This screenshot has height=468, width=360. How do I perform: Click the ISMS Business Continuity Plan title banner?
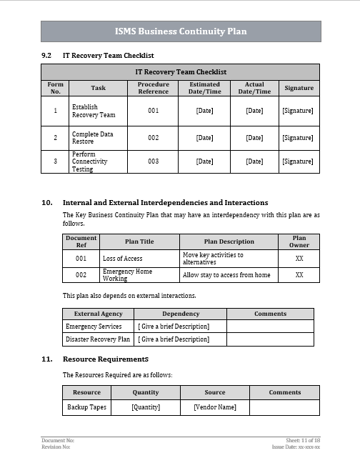click(181, 31)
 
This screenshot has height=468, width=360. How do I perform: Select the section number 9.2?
click(47, 55)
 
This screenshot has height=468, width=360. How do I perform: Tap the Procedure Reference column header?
click(154, 88)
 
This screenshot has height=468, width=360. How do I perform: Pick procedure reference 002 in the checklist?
click(154, 137)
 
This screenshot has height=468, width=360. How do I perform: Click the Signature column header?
click(299, 88)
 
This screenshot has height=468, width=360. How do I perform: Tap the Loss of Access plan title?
click(123, 259)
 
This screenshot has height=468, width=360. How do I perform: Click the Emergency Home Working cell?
click(128, 275)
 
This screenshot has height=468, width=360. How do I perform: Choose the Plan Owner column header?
click(299, 242)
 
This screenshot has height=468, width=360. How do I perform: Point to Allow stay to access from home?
click(226, 275)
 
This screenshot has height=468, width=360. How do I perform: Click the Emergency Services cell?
click(94, 326)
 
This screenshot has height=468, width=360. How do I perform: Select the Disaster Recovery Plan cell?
click(98, 339)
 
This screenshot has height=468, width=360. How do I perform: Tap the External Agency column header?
click(98, 314)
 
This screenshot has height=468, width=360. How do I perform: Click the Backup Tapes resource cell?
click(87, 407)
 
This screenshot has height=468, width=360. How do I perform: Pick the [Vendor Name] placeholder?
click(215, 407)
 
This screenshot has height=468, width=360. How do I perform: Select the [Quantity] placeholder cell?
click(146, 407)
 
